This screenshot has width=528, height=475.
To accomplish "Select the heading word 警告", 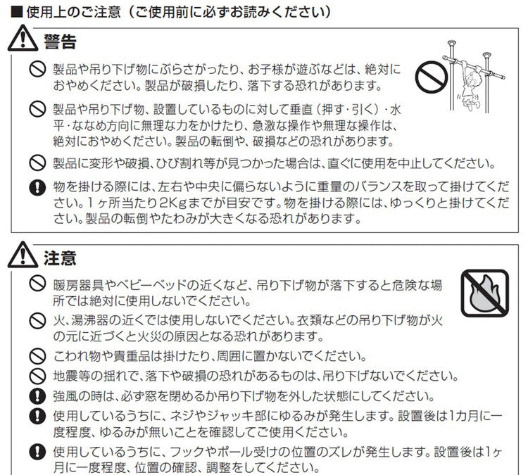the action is click(60, 42).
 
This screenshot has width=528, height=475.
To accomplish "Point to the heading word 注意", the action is click(60, 258).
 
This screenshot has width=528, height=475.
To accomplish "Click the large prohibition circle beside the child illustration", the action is click(431, 78).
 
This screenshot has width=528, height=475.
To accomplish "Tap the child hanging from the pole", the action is click(470, 85).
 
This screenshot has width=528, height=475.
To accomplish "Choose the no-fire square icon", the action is click(485, 293).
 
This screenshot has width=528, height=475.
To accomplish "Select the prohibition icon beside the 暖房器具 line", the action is click(37, 284).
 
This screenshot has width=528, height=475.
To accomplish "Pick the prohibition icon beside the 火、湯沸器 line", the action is click(37, 321).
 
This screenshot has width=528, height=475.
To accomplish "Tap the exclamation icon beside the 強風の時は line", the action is click(37, 397).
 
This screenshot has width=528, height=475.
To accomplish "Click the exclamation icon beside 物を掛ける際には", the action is click(37, 187).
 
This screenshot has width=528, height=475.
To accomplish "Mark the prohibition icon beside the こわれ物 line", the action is click(37, 357).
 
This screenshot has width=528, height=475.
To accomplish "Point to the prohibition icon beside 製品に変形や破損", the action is click(37, 163).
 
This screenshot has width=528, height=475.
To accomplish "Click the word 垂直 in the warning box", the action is click(302, 110).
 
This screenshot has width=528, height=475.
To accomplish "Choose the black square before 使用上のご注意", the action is click(17, 13).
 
